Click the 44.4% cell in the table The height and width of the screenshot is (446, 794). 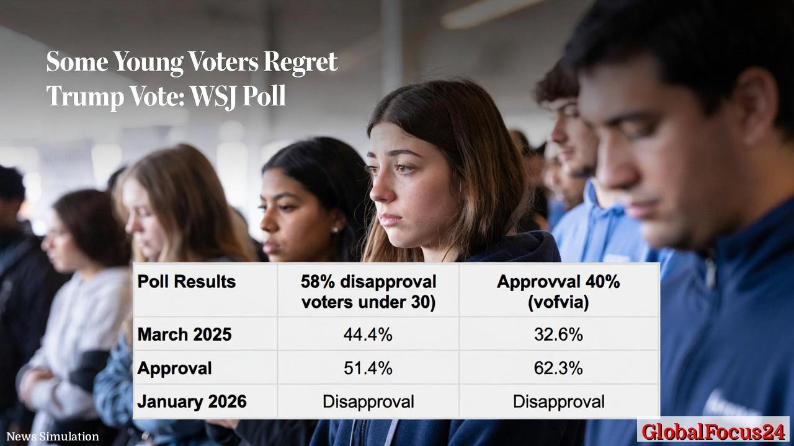[368, 334]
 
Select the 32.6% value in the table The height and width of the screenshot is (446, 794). [558, 334]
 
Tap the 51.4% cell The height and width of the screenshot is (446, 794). [368, 368]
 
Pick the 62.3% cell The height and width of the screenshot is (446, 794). [558, 368]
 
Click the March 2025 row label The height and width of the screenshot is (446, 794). [184, 334]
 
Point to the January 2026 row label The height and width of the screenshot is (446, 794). [192, 401]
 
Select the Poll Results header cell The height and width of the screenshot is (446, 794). [187, 282]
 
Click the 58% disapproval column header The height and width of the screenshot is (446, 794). [368, 292]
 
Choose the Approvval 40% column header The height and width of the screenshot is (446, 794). [558, 292]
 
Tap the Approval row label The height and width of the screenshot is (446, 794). [174, 368]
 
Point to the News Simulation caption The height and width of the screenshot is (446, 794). [53, 437]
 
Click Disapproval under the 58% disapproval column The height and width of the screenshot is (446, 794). [368, 401]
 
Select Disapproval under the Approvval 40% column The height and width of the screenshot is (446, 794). [558, 401]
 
